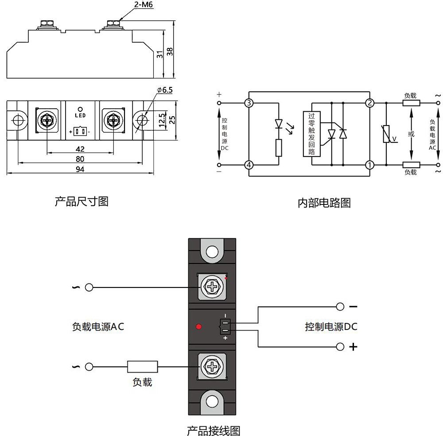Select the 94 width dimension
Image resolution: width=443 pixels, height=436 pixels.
[80, 169]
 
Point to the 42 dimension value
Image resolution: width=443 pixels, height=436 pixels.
[80, 149]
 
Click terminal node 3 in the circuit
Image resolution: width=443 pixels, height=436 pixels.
[249, 103]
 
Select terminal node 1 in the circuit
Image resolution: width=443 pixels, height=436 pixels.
[369, 165]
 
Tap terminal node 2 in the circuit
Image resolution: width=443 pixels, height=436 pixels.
[369, 103]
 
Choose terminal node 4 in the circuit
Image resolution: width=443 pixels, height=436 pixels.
[249, 165]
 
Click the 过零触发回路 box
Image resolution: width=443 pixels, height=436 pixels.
[311, 134]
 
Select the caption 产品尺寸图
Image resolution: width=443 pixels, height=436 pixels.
[82, 202]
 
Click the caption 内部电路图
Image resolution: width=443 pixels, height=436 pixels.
[324, 203]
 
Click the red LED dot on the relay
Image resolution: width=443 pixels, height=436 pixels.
[199, 327]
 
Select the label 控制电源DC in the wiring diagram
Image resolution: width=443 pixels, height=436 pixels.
[331, 327]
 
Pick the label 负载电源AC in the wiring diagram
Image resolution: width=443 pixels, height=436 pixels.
[98, 327]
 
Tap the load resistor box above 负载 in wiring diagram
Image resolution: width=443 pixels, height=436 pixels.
[142, 367]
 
